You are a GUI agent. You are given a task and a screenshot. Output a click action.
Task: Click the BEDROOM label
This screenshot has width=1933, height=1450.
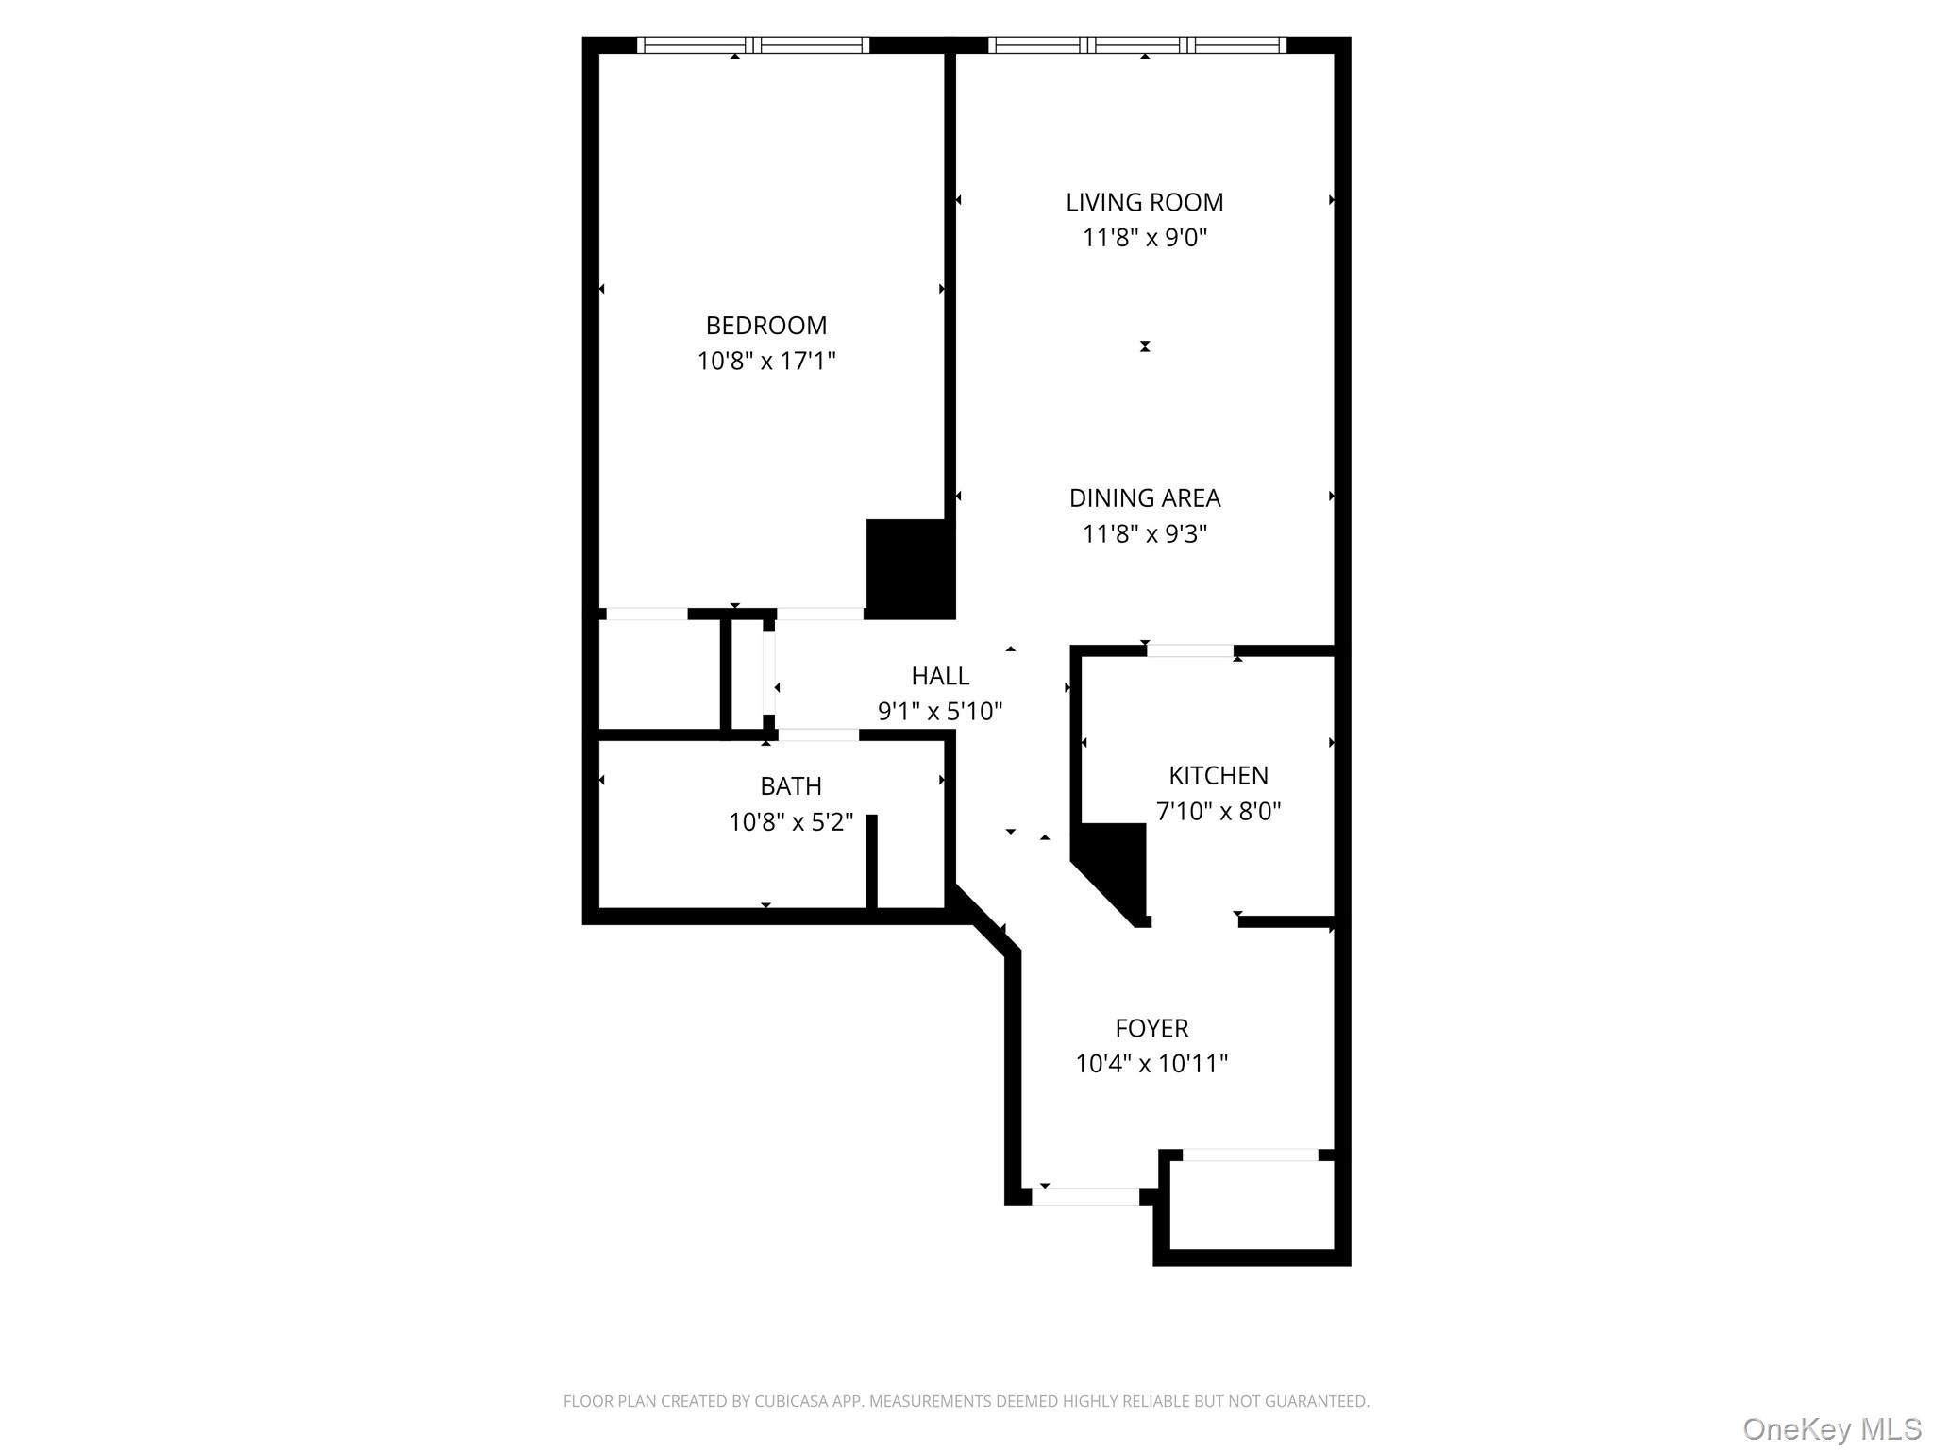(765, 326)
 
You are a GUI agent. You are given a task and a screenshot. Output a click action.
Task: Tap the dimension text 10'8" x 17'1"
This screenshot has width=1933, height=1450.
(765, 362)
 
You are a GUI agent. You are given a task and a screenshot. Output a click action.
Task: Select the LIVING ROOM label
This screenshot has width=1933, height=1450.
(1144, 202)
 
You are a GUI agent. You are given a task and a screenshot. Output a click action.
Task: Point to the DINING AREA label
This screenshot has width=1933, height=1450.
(1144, 497)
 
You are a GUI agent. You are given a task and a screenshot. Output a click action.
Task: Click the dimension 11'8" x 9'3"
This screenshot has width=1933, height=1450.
(1144, 534)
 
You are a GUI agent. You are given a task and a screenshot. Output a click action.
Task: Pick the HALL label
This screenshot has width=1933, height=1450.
(940, 676)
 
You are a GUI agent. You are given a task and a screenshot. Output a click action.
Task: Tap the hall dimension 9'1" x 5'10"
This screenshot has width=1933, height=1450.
(940, 712)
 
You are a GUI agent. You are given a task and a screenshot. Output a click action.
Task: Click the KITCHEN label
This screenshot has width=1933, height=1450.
(1218, 775)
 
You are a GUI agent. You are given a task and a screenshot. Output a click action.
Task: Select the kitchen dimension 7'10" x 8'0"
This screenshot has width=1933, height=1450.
(1218, 811)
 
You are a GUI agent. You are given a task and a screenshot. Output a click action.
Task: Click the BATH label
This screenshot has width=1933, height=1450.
(791, 786)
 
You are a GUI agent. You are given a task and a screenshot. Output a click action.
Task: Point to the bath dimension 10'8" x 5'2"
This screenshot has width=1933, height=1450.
(791, 822)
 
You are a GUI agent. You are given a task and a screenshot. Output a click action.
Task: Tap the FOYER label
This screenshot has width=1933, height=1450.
(1151, 1028)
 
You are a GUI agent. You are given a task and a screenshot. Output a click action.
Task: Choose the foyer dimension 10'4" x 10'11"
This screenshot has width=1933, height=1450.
(1151, 1064)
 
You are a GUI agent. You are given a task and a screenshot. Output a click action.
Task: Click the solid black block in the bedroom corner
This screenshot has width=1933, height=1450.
(910, 569)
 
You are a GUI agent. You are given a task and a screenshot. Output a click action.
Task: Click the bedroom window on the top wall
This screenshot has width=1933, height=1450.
(752, 44)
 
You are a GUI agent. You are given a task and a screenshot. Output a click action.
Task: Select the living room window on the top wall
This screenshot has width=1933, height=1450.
(1136, 44)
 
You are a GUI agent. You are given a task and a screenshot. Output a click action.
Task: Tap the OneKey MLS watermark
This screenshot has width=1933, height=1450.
(1831, 1428)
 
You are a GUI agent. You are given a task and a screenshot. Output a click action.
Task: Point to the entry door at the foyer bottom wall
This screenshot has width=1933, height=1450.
(1085, 1196)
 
